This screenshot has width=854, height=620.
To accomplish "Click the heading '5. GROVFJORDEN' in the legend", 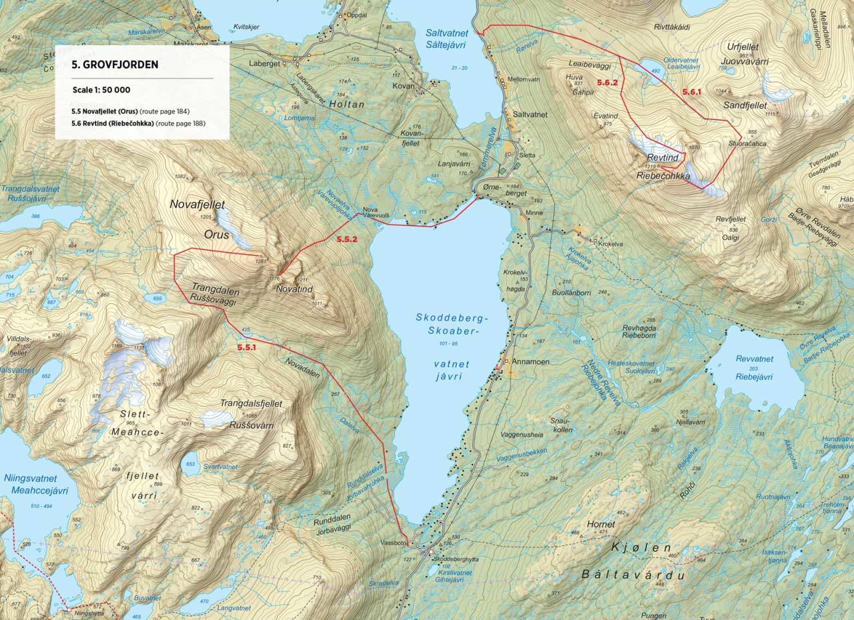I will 115,65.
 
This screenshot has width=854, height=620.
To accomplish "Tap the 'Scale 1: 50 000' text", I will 103,89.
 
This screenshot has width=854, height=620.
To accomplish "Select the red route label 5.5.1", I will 247,347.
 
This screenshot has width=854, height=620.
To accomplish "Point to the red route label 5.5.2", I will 347,238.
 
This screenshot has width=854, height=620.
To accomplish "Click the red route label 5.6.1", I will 691,92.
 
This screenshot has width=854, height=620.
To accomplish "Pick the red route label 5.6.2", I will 607,83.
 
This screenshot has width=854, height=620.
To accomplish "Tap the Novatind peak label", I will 294,289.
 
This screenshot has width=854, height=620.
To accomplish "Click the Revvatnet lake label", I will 755,359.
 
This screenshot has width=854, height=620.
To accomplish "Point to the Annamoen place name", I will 530,362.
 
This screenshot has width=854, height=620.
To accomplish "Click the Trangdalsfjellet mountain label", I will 251,403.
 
